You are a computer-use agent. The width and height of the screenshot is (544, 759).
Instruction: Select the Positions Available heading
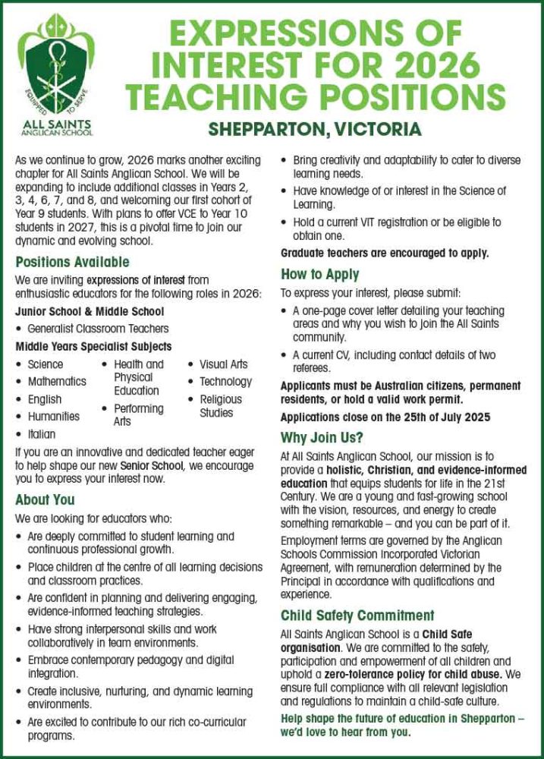72,263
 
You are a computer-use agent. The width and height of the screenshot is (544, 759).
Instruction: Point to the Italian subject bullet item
42,434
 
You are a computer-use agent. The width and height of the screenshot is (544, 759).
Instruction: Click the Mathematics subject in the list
57,382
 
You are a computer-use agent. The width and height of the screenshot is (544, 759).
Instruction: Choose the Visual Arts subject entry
223,364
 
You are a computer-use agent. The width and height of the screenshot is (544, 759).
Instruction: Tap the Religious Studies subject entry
221,406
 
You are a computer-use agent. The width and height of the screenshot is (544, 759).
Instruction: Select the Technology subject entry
225,382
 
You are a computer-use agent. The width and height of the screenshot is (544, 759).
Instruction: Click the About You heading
45,499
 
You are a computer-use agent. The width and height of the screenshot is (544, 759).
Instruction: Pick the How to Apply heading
319,274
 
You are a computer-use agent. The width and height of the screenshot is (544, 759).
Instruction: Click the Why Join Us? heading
322,438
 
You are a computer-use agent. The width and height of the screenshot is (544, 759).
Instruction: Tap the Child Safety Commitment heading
357,615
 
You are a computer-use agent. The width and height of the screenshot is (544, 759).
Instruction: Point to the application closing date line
385,417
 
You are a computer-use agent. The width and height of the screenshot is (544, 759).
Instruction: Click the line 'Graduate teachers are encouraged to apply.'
385,254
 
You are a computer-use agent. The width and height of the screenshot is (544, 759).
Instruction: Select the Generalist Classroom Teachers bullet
98,329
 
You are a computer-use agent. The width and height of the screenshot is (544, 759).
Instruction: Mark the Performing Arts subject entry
138,414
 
